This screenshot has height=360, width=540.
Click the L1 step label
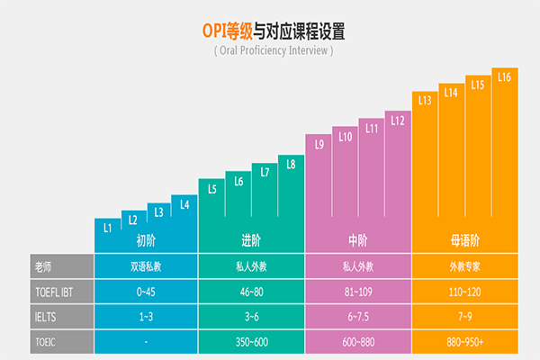(x=107, y=228)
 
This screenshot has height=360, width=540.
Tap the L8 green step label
(x=291, y=164)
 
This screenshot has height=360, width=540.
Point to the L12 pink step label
(x=398, y=120)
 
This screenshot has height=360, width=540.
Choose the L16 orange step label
(x=504, y=77)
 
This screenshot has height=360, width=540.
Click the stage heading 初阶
(x=146, y=240)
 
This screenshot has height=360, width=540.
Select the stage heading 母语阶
(x=464, y=240)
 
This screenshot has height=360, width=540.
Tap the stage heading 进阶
(x=252, y=240)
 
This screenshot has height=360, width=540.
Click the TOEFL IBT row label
(x=58, y=292)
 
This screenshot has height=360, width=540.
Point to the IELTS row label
(x=46, y=317)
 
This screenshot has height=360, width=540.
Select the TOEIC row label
(x=45, y=343)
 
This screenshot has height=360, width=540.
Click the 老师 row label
(x=42, y=266)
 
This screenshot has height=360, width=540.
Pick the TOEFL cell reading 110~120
(x=464, y=292)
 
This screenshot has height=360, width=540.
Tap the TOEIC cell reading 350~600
(x=252, y=343)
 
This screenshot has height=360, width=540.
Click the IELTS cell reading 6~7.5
(x=358, y=317)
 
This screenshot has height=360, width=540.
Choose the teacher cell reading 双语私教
(x=146, y=266)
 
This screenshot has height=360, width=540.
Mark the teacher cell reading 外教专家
(x=464, y=266)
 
